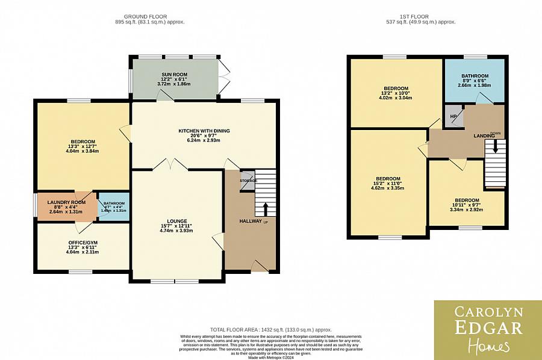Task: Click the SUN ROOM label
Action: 175,74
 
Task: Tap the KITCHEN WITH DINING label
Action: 204,131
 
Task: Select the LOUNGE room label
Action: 178,221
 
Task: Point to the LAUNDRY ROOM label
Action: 64,202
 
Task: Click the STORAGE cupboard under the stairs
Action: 248,181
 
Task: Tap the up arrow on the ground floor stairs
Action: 266,208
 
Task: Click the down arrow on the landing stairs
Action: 496,146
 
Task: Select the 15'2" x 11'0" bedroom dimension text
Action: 388,184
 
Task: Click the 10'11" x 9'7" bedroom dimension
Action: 467,205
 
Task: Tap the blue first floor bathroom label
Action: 474,76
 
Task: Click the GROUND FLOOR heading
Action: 145,16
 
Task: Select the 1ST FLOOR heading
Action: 422,16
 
